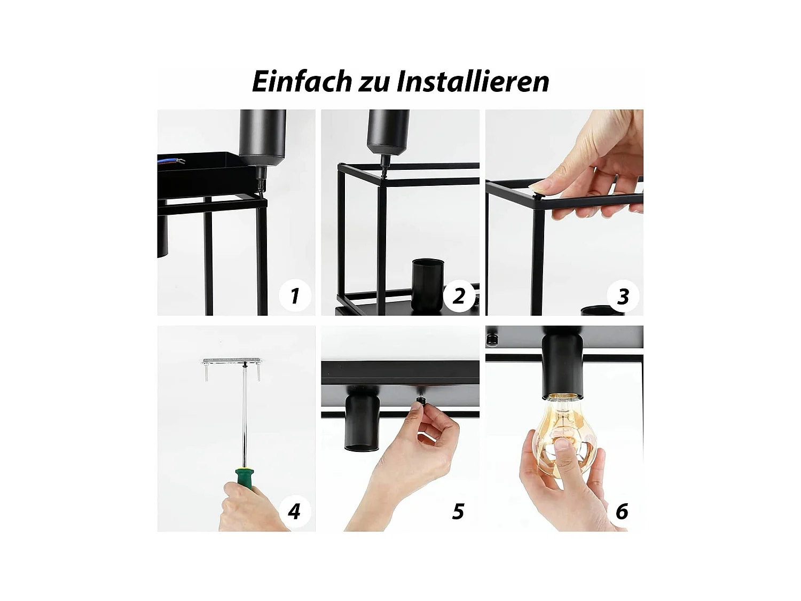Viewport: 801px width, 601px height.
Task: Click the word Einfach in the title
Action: (x=301, y=82)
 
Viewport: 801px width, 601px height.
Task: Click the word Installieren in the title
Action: (x=473, y=82)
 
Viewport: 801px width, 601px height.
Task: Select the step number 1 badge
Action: (x=295, y=295)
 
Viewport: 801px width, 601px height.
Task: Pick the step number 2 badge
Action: (x=459, y=295)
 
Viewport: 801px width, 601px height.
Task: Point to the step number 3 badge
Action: (x=623, y=296)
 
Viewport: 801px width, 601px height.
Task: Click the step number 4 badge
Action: (x=294, y=511)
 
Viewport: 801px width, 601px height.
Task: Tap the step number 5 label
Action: (x=458, y=511)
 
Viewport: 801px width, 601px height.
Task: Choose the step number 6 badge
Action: (x=622, y=511)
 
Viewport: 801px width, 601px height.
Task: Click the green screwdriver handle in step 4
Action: (x=245, y=478)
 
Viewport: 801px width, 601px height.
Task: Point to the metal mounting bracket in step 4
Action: (x=232, y=362)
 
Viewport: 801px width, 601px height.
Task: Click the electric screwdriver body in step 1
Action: (x=262, y=136)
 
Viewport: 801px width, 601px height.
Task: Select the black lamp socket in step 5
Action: (x=362, y=417)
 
